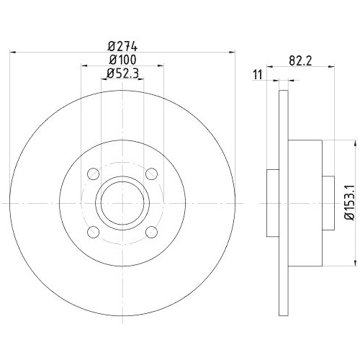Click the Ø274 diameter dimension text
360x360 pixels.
pyautogui.click(x=122, y=42)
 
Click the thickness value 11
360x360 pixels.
pyautogui.click(x=257, y=74)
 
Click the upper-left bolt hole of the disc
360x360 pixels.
pyautogui.click(x=93, y=174)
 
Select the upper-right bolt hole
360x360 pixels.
pyautogui.click(x=151, y=174)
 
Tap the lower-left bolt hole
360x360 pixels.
pyautogui.click(x=93, y=231)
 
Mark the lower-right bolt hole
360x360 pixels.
pyautogui.click(x=151, y=231)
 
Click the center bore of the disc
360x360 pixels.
pyautogui.click(x=122, y=203)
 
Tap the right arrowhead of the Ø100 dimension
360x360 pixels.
pyautogui.click(x=161, y=66)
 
